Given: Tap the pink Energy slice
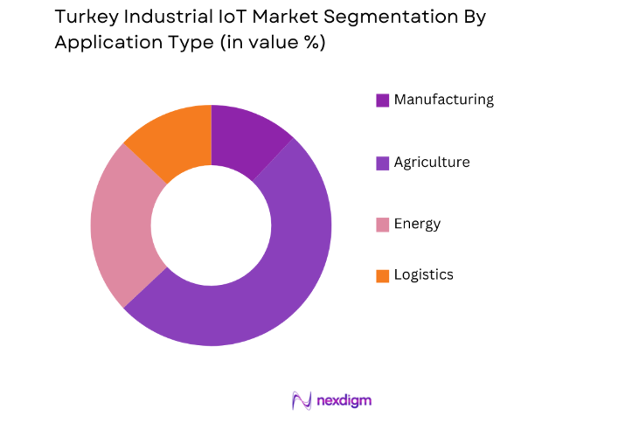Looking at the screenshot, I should pyautogui.click(x=122, y=227).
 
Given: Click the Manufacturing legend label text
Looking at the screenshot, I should pyautogui.click(x=443, y=100).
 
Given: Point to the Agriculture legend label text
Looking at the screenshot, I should pyautogui.click(x=431, y=163).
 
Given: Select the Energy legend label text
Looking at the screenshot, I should pyautogui.click(x=417, y=224).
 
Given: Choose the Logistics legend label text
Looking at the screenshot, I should pyautogui.click(x=423, y=275).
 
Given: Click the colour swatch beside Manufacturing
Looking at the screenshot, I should pyautogui.click(x=382, y=101).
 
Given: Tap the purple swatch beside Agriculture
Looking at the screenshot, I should pyautogui.click(x=382, y=163).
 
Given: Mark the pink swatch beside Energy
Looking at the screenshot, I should pyautogui.click(x=382, y=225).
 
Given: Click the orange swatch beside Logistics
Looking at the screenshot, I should pyautogui.click(x=382, y=276).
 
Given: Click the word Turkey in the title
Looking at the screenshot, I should pyautogui.click(x=82, y=17).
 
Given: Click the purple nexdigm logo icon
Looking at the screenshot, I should pyautogui.click(x=302, y=400).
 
